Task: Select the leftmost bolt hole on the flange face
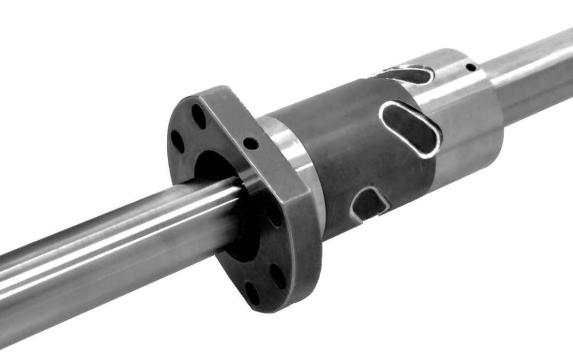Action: click(178, 141)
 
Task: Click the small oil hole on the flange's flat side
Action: click(250, 142)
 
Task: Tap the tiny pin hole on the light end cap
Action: click(470, 68)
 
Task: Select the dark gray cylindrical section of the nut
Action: click(344, 149)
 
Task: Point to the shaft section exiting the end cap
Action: click(533, 69)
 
